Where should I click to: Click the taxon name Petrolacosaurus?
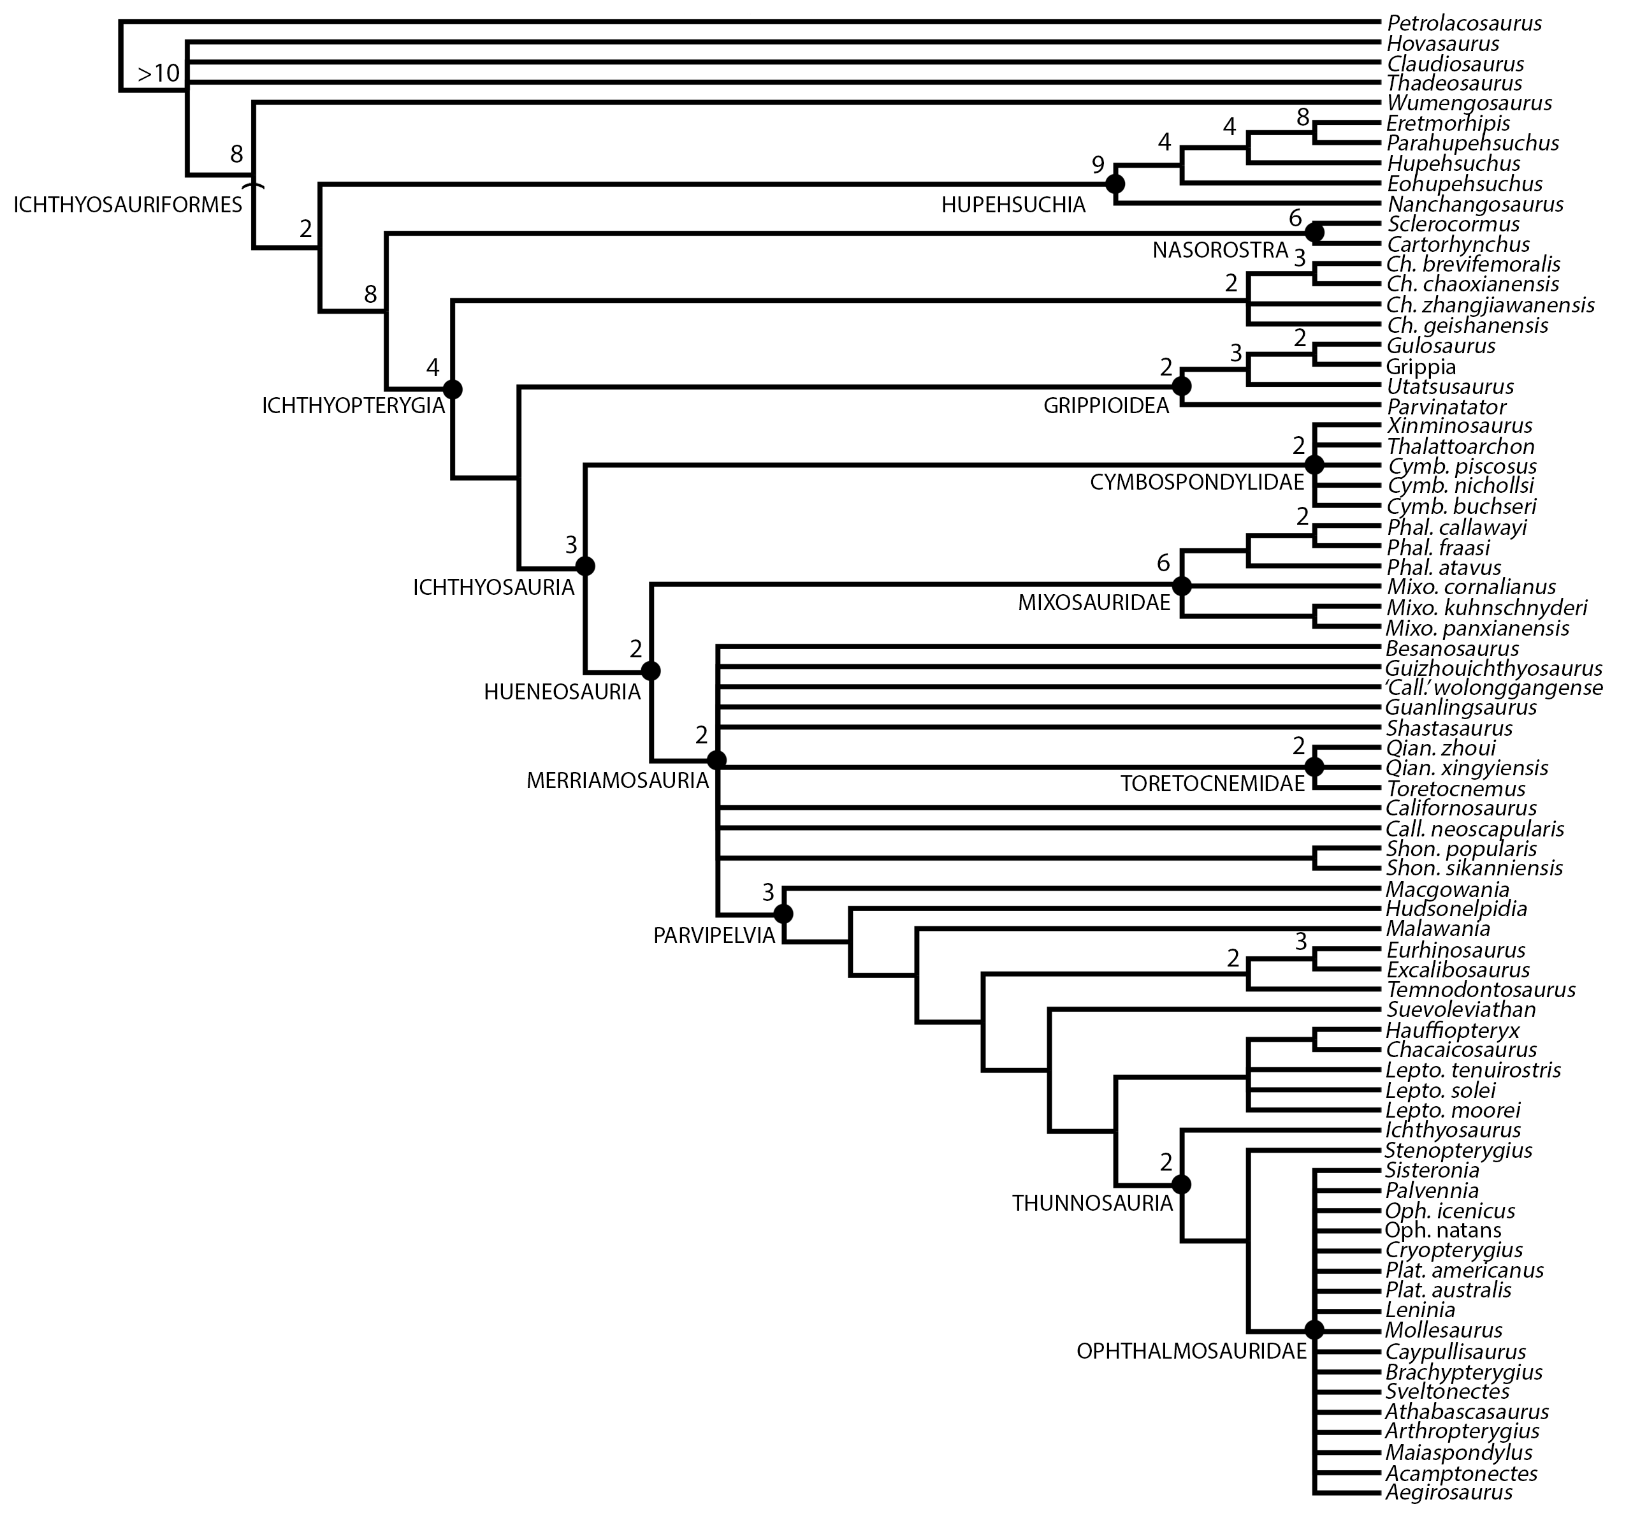coord(1464,24)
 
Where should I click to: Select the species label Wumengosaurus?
coord(1469,103)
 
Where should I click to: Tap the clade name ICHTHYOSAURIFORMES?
coord(128,205)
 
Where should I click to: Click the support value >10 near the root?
coord(159,74)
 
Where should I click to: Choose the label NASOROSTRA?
coord(1220,251)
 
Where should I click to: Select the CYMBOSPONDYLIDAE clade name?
coord(1196,482)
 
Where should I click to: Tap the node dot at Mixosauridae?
coord(1182,587)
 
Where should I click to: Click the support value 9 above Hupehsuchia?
coord(1098,165)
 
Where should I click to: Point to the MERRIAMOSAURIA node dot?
coord(716,760)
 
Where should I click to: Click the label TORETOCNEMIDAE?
coord(1213,784)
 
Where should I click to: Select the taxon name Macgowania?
coord(1448,889)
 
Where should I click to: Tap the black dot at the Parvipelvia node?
coord(783,914)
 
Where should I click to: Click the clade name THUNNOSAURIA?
coord(1092,1204)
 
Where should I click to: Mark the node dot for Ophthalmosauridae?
coord(1314,1330)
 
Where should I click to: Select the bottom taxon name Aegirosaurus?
coord(1449,1492)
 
